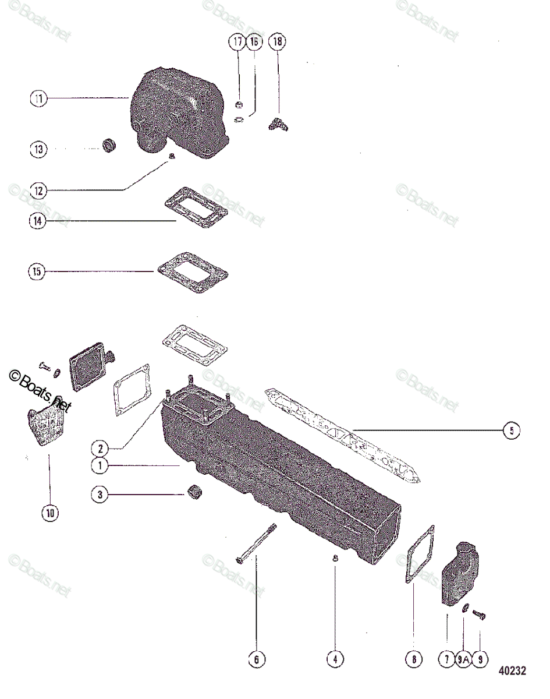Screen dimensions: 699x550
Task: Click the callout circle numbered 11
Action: [x=38, y=100]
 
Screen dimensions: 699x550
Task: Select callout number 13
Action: [x=38, y=149]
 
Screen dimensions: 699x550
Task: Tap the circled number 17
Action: [x=238, y=42]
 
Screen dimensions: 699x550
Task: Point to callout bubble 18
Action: [x=278, y=42]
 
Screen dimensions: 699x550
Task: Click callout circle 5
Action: [x=511, y=430]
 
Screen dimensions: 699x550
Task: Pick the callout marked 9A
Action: [x=463, y=659]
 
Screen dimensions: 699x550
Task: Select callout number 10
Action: [x=49, y=513]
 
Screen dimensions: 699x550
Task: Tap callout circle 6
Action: [x=256, y=659]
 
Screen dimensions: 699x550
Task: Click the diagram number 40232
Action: [x=512, y=671]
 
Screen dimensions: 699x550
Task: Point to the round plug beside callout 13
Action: [x=108, y=144]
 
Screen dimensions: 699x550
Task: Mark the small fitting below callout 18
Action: [x=278, y=124]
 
